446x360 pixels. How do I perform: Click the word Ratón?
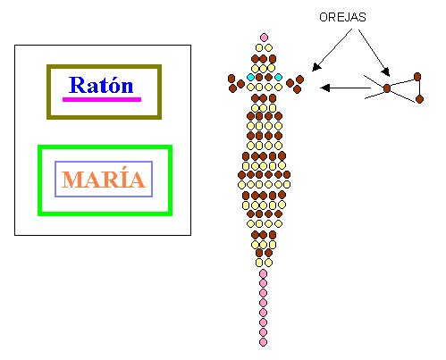(x=101, y=85)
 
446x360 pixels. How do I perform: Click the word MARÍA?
(x=104, y=179)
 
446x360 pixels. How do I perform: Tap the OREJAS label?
(x=342, y=17)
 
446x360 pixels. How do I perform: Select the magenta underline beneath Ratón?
(x=102, y=99)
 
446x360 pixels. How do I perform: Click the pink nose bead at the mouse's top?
(x=264, y=38)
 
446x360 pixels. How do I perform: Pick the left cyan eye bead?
(x=251, y=78)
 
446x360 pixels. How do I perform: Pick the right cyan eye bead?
(x=278, y=78)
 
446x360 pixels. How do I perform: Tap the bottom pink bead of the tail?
(x=263, y=342)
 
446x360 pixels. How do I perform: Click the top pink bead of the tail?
(x=263, y=273)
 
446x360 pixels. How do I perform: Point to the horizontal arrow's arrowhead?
(x=324, y=88)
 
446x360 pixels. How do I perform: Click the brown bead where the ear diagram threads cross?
(x=387, y=88)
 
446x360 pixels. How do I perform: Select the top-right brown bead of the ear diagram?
(x=417, y=77)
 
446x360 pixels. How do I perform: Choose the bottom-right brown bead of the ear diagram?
(x=419, y=99)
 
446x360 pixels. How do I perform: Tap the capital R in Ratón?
(x=76, y=85)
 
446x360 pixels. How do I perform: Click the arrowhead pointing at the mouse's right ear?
(x=316, y=67)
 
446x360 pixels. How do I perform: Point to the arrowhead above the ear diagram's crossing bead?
(x=385, y=71)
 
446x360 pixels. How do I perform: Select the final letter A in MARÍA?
(x=137, y=180)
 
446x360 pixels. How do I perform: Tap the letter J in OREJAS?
(x=349, y=17)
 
